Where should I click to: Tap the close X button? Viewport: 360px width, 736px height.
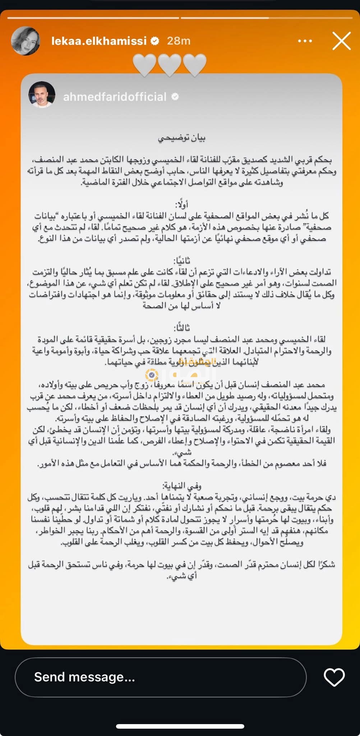point(341,41)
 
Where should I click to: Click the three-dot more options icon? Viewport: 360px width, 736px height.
point(305,41)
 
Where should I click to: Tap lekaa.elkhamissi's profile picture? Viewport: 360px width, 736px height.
point(26,41)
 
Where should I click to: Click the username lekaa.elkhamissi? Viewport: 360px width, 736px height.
point(99,41)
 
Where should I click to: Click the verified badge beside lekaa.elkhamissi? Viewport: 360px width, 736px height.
point(155,41)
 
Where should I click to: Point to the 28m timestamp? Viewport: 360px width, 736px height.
point(179,41)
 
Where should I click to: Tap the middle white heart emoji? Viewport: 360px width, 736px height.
point(170,65)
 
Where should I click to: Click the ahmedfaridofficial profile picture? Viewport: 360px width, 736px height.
point(42,95)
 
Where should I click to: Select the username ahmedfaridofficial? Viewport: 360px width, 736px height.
point(115,97)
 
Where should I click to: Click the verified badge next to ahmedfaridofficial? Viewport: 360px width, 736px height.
point(175,97)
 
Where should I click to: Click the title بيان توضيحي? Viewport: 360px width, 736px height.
point(182,138)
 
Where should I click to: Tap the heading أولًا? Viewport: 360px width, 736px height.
point(182,205)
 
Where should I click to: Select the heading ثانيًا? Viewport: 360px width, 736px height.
point(182,261)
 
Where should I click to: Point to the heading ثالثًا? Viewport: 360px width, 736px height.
point(182,328)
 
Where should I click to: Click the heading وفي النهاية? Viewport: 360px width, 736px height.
point(182,486)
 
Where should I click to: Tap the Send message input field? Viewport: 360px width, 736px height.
point(160,677)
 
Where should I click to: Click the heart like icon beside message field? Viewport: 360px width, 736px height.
point(334,677)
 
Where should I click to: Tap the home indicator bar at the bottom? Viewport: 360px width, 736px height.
point(180,726)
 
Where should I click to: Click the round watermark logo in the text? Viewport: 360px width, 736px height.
point(152,375)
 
